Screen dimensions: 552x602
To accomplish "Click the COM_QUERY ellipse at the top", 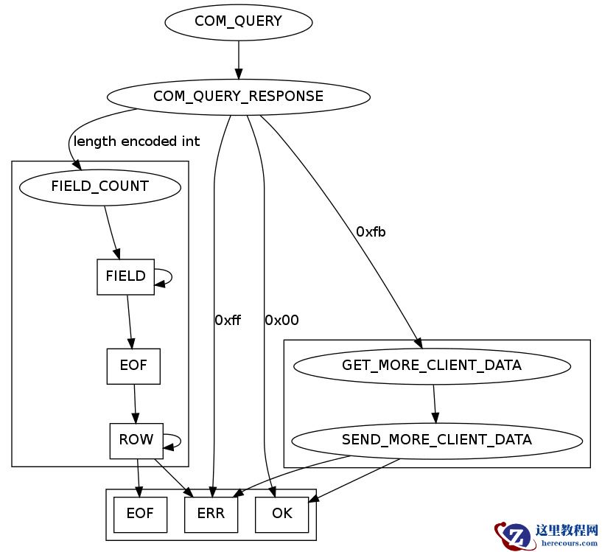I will click(238, 21).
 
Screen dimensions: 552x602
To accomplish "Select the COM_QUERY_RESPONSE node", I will click(238, 97).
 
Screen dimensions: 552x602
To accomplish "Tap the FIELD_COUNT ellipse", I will click(99, 186).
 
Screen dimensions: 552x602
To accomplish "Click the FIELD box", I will click(125, 276).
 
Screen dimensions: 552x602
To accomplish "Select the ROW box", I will click(136, 440).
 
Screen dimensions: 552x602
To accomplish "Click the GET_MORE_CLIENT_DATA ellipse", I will click(431, 366).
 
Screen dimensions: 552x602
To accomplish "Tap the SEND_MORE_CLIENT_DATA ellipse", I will click(436, 440).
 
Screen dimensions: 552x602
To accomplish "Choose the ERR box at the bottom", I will click(211, 514).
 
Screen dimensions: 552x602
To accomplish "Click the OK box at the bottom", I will click(281, 514).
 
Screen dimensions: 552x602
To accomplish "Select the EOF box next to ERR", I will click(140, 514).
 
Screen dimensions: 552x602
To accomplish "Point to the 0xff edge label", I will click(228, 321).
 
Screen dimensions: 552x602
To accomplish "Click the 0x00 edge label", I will click(281, 321).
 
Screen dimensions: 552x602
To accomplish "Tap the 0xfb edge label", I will click(371, 232).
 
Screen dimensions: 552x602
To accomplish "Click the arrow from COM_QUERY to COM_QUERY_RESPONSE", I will click(238, 59).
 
